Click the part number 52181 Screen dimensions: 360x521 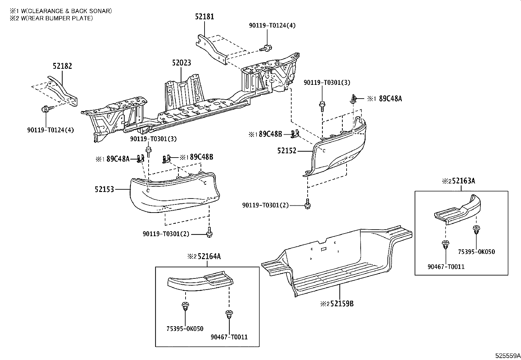point(205,16)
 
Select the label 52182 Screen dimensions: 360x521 point(62,66)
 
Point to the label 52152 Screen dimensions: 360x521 point(287,151)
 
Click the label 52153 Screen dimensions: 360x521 point(104,189)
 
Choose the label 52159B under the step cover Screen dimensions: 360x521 point(342,304)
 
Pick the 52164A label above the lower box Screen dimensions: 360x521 point(208,256)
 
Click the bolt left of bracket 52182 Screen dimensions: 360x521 point(45,109)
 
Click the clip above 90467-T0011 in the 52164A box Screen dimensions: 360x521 point(229,314)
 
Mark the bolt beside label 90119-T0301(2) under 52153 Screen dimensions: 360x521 point(209,232)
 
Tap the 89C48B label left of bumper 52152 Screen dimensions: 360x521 point(270,134)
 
